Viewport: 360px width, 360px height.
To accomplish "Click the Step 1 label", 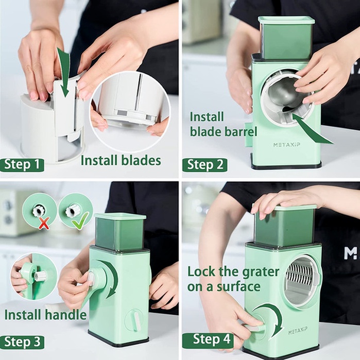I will coord(22,165).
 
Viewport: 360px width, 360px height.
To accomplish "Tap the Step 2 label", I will coord(204,165).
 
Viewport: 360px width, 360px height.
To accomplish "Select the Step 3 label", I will coord(22,342).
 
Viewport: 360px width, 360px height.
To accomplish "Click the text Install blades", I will coord(121,160).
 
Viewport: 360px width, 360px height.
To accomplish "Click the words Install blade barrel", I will coord(223,124).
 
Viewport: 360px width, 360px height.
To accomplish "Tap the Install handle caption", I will coord(45,315).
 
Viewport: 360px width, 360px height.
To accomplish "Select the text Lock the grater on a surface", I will coord(233,279).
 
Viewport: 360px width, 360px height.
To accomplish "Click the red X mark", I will coord(44,223).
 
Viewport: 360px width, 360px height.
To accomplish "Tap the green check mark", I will coord(80,220).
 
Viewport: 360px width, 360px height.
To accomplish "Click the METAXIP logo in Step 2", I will coord(286,145).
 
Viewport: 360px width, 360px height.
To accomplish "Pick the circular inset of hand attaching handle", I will coord(33,276).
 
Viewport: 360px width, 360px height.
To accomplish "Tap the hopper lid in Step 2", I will coord(286,20).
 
